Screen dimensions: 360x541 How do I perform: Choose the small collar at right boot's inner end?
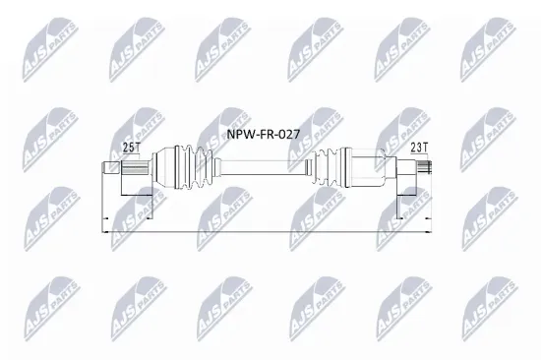point(313,172)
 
